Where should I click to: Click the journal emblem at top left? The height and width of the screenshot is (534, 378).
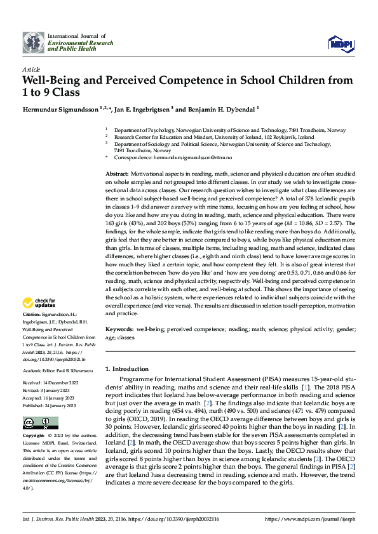pos(34,42)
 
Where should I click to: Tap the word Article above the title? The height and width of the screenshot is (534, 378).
pos(31,69)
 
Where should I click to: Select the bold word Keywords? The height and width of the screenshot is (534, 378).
pos(119,330)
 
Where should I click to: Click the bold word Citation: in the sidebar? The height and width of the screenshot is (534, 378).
pos(31,315)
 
